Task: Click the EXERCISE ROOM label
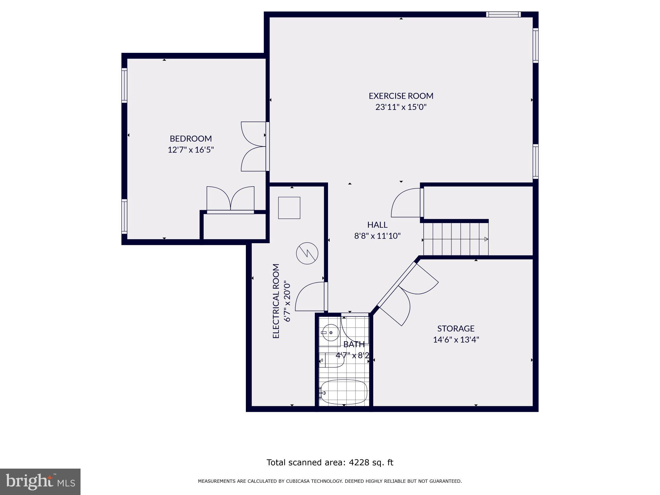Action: coord(401,96)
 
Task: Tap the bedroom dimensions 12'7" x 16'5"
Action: coord(191,150)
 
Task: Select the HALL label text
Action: coord(377,225)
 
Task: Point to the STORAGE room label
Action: coord(456,328)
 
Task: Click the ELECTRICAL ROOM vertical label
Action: coord(276,301)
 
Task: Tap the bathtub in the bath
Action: coord(344,392)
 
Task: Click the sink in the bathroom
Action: coord(330,333)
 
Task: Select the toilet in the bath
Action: coord(332,360)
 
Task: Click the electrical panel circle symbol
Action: coord(307,253)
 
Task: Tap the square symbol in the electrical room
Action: coord(289,208)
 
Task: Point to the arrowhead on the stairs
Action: coord(486,239)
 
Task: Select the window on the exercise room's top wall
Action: coord(503,14)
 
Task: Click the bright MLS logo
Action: coord(40,481)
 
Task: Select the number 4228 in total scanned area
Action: coord(358,463)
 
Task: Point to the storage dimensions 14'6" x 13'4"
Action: coord(456,340)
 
